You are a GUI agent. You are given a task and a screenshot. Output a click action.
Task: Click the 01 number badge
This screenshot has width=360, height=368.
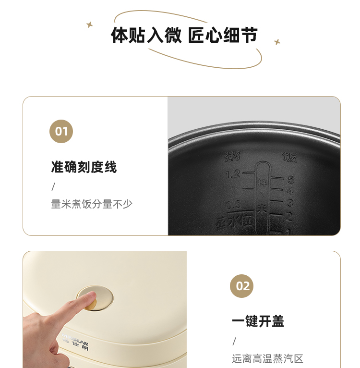(61, 131)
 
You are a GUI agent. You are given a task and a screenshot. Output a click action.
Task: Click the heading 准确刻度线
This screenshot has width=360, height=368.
(84, 167)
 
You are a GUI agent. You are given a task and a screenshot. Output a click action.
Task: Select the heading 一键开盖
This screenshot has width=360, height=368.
(258, 321)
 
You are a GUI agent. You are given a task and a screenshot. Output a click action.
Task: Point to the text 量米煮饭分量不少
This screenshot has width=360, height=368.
(92, 204)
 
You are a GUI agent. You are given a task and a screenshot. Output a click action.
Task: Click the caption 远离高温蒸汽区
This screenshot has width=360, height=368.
(268, 359)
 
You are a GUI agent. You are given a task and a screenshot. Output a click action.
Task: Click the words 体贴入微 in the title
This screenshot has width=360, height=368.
(146, 36)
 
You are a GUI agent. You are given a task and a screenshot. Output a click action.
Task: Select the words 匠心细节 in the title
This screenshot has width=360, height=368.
(223, 36)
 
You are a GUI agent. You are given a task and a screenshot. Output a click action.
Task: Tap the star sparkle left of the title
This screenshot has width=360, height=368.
(89, 24)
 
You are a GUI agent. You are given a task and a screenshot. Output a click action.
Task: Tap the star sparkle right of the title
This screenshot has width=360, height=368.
(277, 42)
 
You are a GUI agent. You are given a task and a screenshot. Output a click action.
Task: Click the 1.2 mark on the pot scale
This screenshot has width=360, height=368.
(233, 173)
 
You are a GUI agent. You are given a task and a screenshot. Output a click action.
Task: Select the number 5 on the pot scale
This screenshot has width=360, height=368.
(290, 180)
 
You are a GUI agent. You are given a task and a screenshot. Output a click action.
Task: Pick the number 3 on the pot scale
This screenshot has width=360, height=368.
(290, 203)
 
